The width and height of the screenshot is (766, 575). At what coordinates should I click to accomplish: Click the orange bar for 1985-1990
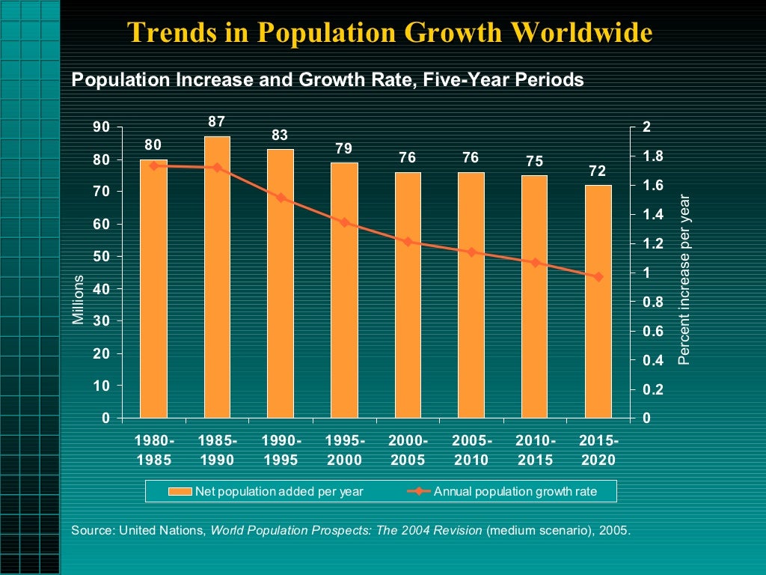[x=217, y=277]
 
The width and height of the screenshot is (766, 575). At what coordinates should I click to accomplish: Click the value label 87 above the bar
[x=217, y=121]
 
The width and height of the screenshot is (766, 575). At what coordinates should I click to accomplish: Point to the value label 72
[x=598, y=171]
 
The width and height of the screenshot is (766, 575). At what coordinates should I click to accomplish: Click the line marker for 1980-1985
[x=153, y=165]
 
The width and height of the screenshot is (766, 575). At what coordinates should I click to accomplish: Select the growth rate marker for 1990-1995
[x=281, y=198]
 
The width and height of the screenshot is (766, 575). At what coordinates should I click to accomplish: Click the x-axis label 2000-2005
[x=408, y=450]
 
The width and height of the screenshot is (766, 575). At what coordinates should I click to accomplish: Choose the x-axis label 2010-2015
[x=535, y=450]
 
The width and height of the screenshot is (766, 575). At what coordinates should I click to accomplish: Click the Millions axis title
[x=79, y=299]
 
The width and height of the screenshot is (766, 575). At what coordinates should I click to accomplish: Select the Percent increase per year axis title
[x=683, y=280]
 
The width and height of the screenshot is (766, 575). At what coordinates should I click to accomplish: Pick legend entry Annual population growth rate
[x=515, y=491]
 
